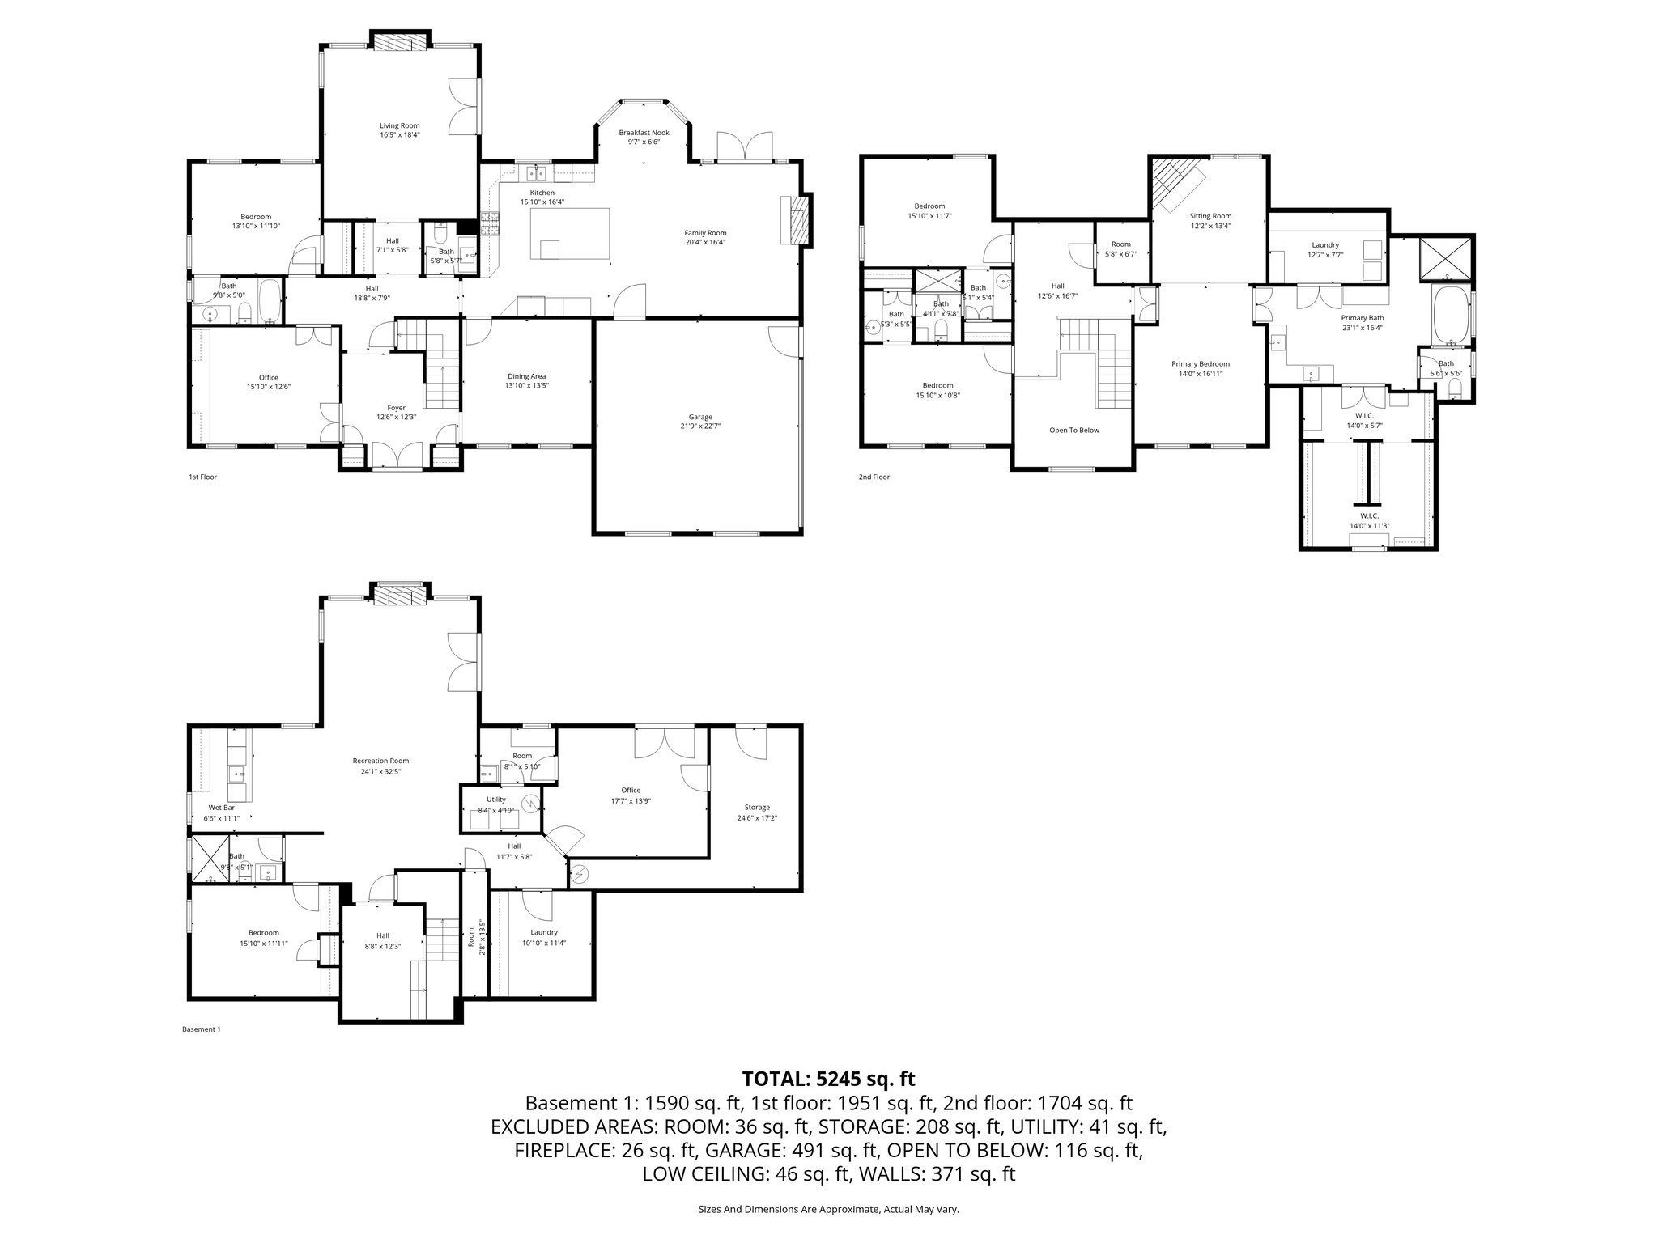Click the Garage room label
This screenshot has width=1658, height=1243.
coord(700,421)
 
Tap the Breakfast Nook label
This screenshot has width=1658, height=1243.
coord(644,137)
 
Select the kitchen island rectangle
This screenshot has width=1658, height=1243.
coord(569,234)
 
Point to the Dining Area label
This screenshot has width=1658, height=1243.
coord(526,380)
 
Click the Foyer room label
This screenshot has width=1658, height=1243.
coord(396,412)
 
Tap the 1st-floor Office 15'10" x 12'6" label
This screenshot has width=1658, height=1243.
coord(269,382)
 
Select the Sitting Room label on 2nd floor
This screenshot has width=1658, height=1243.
coord(1210,221)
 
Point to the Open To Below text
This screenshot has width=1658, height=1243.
coord(1074,431)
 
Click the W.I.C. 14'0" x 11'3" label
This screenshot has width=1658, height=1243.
coord(1369,520)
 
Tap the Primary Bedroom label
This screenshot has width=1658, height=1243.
coord(1201,368)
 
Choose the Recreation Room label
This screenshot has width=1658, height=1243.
coord(380,766)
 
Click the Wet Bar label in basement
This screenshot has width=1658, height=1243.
coord(221,812)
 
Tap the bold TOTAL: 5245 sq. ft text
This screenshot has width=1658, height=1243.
coord(828,1079)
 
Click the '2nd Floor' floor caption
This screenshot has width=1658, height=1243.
coord(874,477)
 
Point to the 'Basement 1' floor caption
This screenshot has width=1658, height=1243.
coord(201,1029)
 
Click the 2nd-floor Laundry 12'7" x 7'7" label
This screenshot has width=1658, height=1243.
coord(1325,249)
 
